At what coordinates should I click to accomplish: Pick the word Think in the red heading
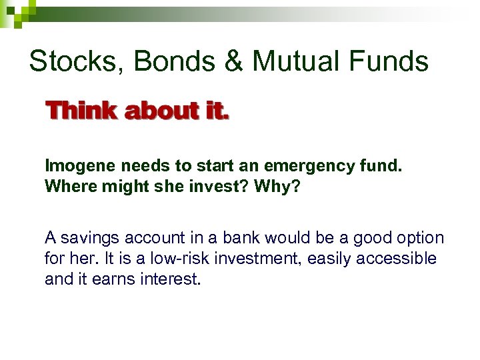tap(80, 111)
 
